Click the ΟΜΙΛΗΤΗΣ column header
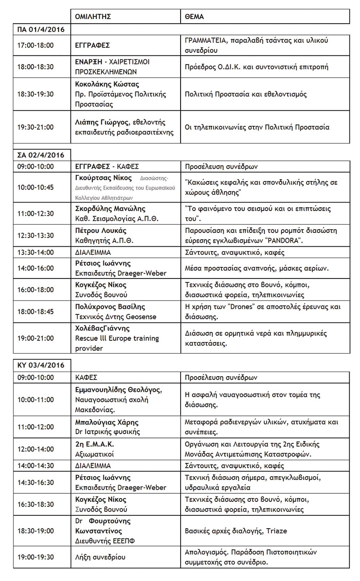[93, 17]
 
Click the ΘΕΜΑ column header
[194, 17]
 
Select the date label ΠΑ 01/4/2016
[41, 29]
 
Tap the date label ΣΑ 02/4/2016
[41, 155]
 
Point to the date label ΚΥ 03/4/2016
[41, 365]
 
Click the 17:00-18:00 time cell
[36, 45]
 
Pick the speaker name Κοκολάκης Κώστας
[107, 84]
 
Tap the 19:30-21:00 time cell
[36, 127]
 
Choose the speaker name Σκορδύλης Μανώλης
[110, 209]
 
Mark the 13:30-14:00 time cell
[36, 252]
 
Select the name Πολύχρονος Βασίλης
[110, 307]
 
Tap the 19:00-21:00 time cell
[36, 338]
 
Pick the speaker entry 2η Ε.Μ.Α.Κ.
[94, 444]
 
